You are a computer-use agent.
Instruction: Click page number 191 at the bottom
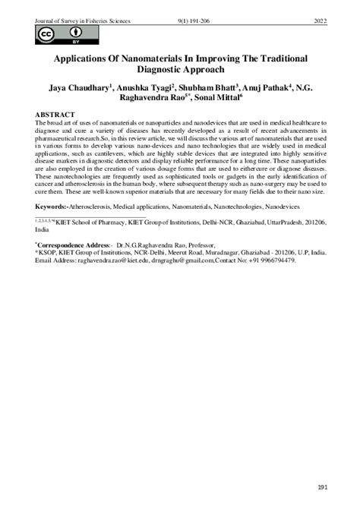click(x=321, y=487)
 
